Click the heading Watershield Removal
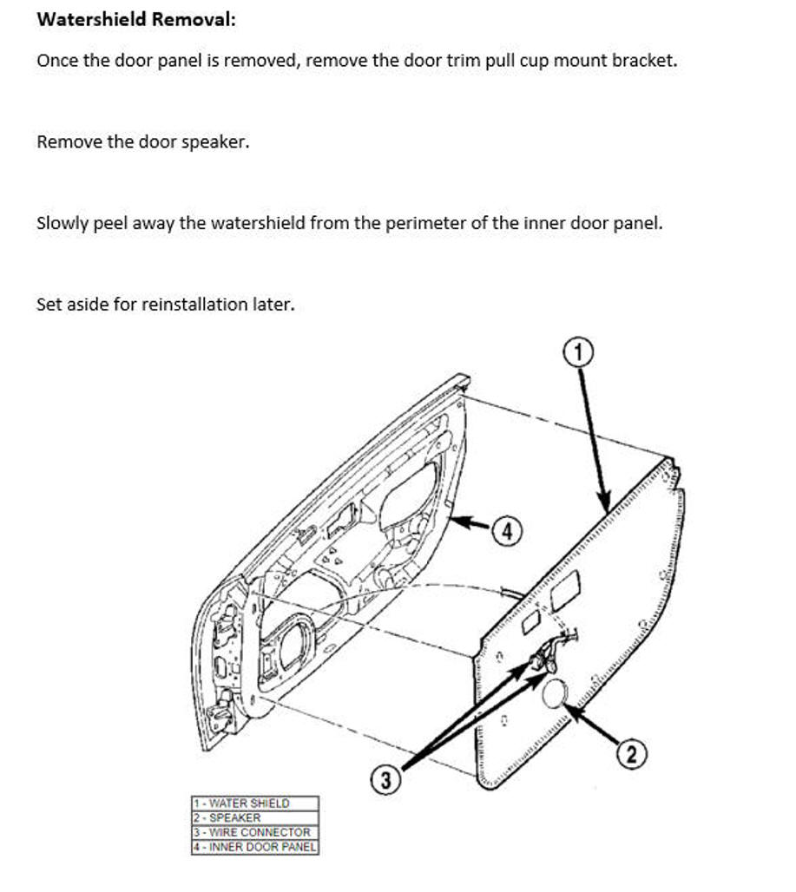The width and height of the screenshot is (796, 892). click(x=135, y=19)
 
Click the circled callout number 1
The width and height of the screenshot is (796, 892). click(x=580, y=351)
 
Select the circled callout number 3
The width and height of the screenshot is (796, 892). click(x=387, y=780)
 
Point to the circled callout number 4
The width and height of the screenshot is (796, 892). click(x=508, y=531)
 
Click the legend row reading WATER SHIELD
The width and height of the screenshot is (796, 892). click(x=254, y=803)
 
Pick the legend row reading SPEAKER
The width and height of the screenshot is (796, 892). click(x=254, y=817)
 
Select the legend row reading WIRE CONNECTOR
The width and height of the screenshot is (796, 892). click(x=254, y=831)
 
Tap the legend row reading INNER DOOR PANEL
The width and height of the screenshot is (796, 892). click(x=254, y=846)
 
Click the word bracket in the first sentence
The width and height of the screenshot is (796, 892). click(x=645, y=62)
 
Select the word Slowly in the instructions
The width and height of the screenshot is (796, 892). click(x=62, y=223)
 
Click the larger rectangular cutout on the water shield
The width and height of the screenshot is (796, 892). click(x=565, y=590)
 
